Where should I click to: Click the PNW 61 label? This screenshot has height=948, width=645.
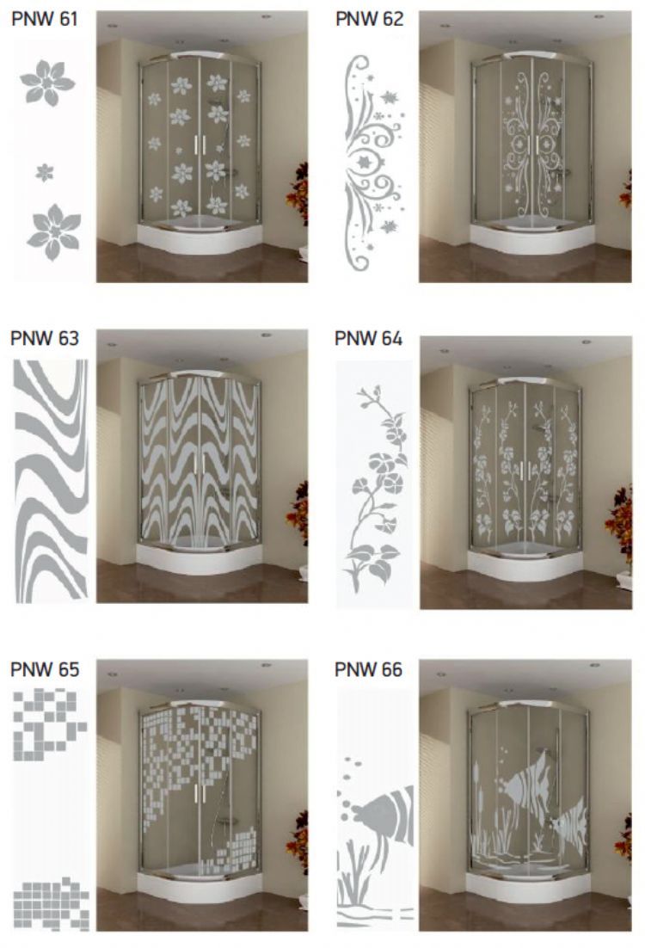coord(45,19)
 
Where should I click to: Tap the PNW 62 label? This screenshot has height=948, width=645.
coord(369,19)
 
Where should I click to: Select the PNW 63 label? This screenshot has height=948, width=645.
coord(45,338)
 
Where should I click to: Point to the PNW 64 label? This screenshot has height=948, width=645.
coord(368,338)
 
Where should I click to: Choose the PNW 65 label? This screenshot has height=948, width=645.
coord(45,669)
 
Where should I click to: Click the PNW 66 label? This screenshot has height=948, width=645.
coord(368,669)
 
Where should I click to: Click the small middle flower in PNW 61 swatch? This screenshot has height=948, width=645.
coord(44,173)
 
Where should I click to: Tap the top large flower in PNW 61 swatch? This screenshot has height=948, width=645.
coord(47,83)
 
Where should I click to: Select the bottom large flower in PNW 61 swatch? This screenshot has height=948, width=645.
coord(54,232)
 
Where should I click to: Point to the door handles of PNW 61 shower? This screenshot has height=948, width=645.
coord(200,145)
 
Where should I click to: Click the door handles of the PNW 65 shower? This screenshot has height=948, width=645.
coord(200,792)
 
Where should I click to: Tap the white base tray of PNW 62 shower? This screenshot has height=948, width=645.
coord(532,238)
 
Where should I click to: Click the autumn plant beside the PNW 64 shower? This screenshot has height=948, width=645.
coord(619,525)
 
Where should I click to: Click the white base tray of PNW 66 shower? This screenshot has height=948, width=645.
coord(527,888)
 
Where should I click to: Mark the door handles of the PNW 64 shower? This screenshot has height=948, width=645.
coord(525,471)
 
